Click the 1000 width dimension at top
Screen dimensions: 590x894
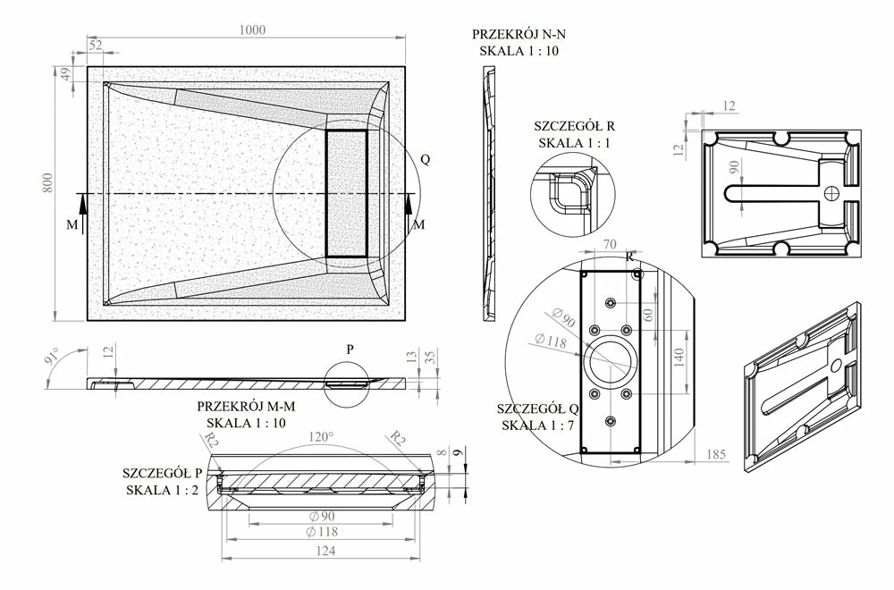253,29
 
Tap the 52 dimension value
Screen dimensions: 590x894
96,45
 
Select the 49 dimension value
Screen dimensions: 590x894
65,74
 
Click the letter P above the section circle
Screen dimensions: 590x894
350,350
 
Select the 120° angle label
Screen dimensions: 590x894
320,437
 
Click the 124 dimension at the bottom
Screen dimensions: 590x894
325,552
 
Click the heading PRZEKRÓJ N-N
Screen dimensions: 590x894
519,34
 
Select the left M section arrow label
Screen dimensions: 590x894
72,225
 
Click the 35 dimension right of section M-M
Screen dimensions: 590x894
431,358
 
